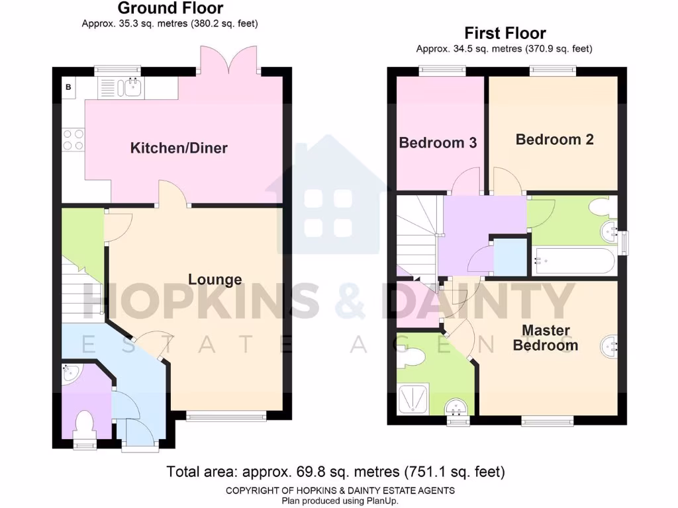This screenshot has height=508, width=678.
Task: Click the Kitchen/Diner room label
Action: tap(179, 148)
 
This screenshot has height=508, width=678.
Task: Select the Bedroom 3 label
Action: tap(438, 142)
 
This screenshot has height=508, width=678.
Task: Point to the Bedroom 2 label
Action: tap(554, 140)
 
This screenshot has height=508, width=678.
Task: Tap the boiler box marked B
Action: tap(68, 87)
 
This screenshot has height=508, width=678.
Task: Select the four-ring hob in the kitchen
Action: tap(73, 139)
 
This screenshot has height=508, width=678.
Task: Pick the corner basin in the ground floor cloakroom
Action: tap(70, 374)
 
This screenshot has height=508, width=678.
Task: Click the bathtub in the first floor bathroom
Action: tap(573, 261)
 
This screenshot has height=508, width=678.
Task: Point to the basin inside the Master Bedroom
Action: tap(610, 345)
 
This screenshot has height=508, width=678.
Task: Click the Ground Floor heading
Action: tap(170, 9)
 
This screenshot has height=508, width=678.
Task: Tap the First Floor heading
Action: tap(505, 33)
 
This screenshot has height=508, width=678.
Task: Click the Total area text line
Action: tap(336, 472)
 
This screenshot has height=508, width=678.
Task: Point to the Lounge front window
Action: tap(226, 415)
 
